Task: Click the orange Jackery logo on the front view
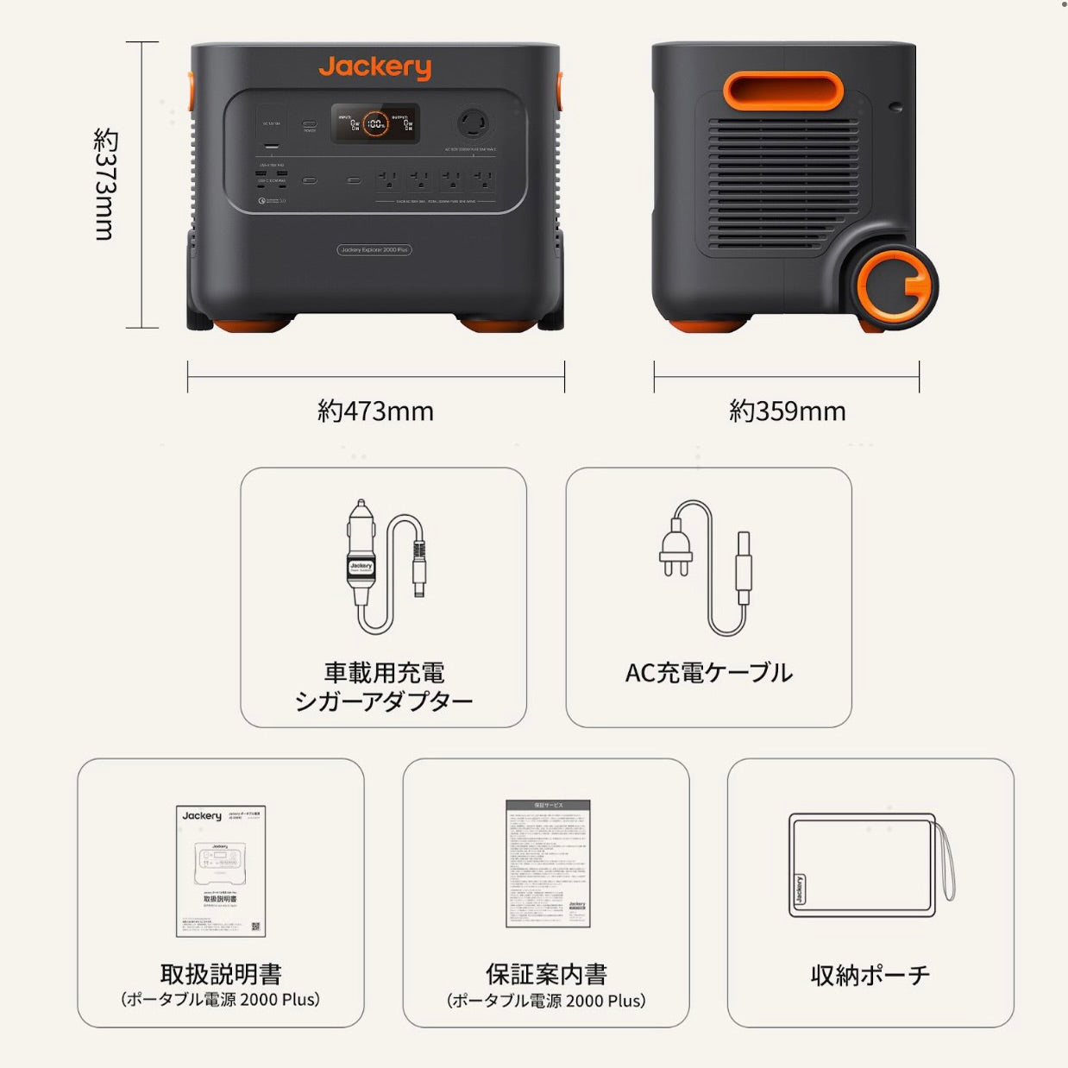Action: point(374,67)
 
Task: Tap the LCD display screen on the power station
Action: point(375,124)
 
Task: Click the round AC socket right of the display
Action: point(473,123)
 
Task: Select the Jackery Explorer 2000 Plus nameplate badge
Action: point(374,250)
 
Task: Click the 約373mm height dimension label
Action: point(104,184)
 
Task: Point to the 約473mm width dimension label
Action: point(375,411)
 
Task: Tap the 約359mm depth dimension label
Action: point(787,411)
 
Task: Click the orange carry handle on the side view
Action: point(782,91)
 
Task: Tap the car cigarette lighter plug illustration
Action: point(361,552)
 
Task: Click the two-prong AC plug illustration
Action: point(675,550)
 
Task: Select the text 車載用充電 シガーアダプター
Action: point(384,687)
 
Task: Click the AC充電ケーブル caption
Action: point(708,673)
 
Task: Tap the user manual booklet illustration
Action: point(221,871)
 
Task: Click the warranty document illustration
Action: point(548,864)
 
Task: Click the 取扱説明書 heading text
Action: point(221,974)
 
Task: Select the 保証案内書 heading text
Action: point(546,974)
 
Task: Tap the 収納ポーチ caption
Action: point(870,976)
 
